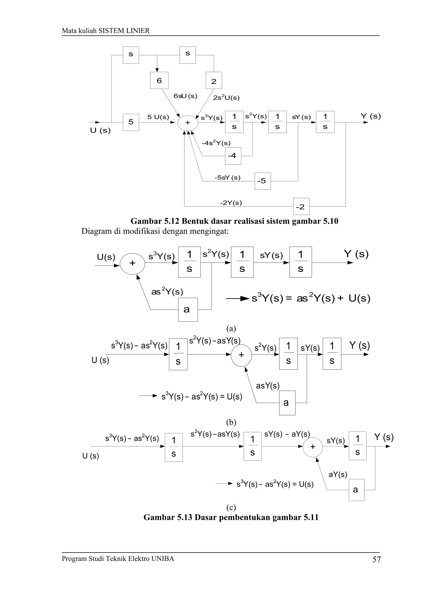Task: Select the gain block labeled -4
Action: [233, 156]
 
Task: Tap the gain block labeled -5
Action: [262, 181]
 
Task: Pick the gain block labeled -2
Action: [301, 206]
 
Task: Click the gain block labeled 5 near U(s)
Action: [131, 122]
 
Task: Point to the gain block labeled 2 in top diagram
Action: [214, 80]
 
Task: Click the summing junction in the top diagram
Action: [188, 123]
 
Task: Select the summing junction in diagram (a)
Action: [132, 264]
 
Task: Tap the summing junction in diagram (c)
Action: [313, 447]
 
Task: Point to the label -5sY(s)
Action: [227, 177]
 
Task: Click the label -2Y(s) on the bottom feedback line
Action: [231, 203]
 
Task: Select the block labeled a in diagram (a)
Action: [188, 309]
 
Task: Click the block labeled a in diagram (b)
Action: [287, 403]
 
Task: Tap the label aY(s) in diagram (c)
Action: [338, 474]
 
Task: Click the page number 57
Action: [376, 559]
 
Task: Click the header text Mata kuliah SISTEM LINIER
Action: [106, 31]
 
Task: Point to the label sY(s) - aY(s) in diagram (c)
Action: [287, 434]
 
